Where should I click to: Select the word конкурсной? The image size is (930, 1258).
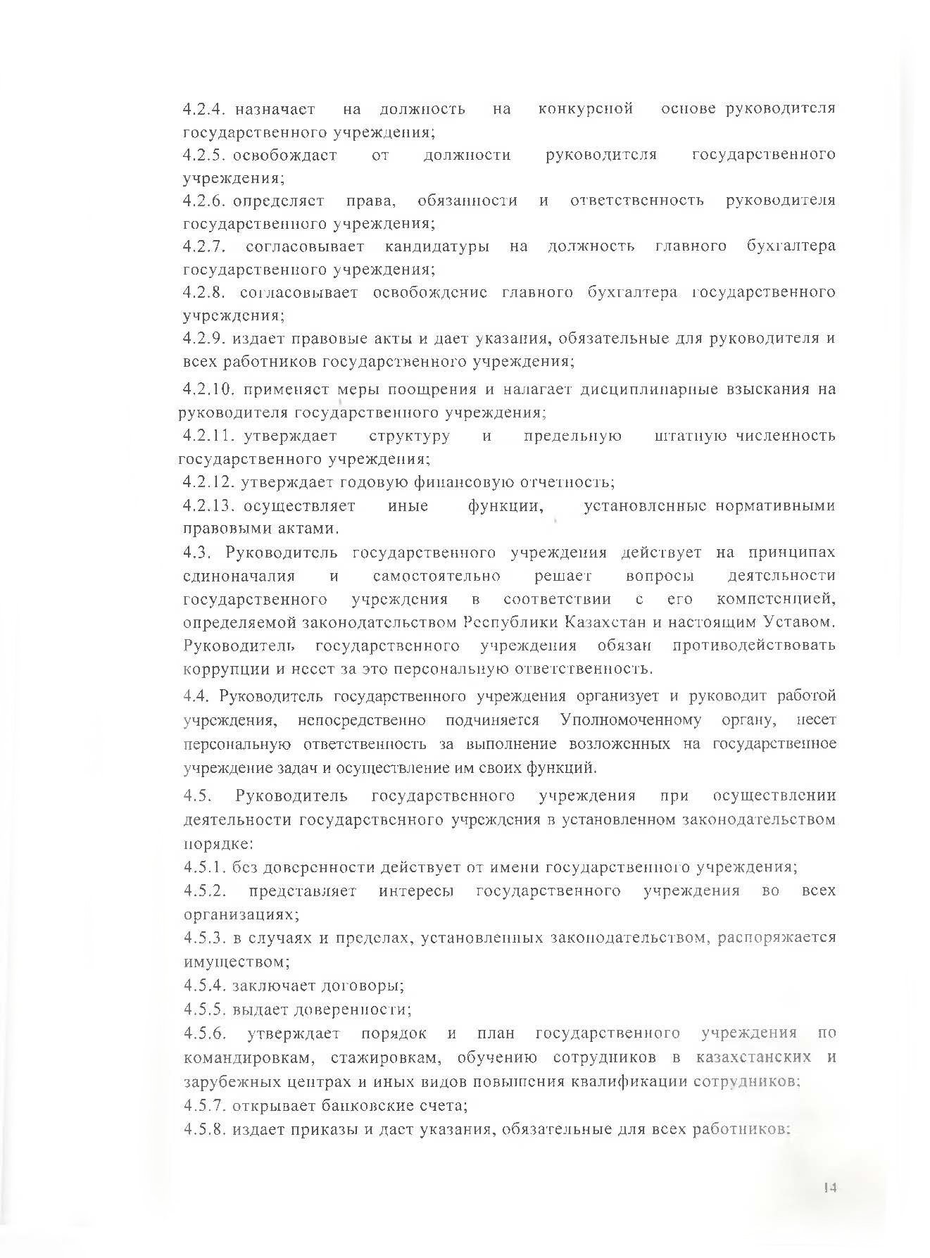click(x=585, y=109)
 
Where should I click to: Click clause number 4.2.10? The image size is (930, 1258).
click(x=208, y=389)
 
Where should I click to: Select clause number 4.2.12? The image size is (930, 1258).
click(x=208, y=482)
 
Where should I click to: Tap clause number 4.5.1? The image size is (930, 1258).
click(x=204, y=867)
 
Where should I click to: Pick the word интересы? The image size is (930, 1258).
click(x=416, y=891)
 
